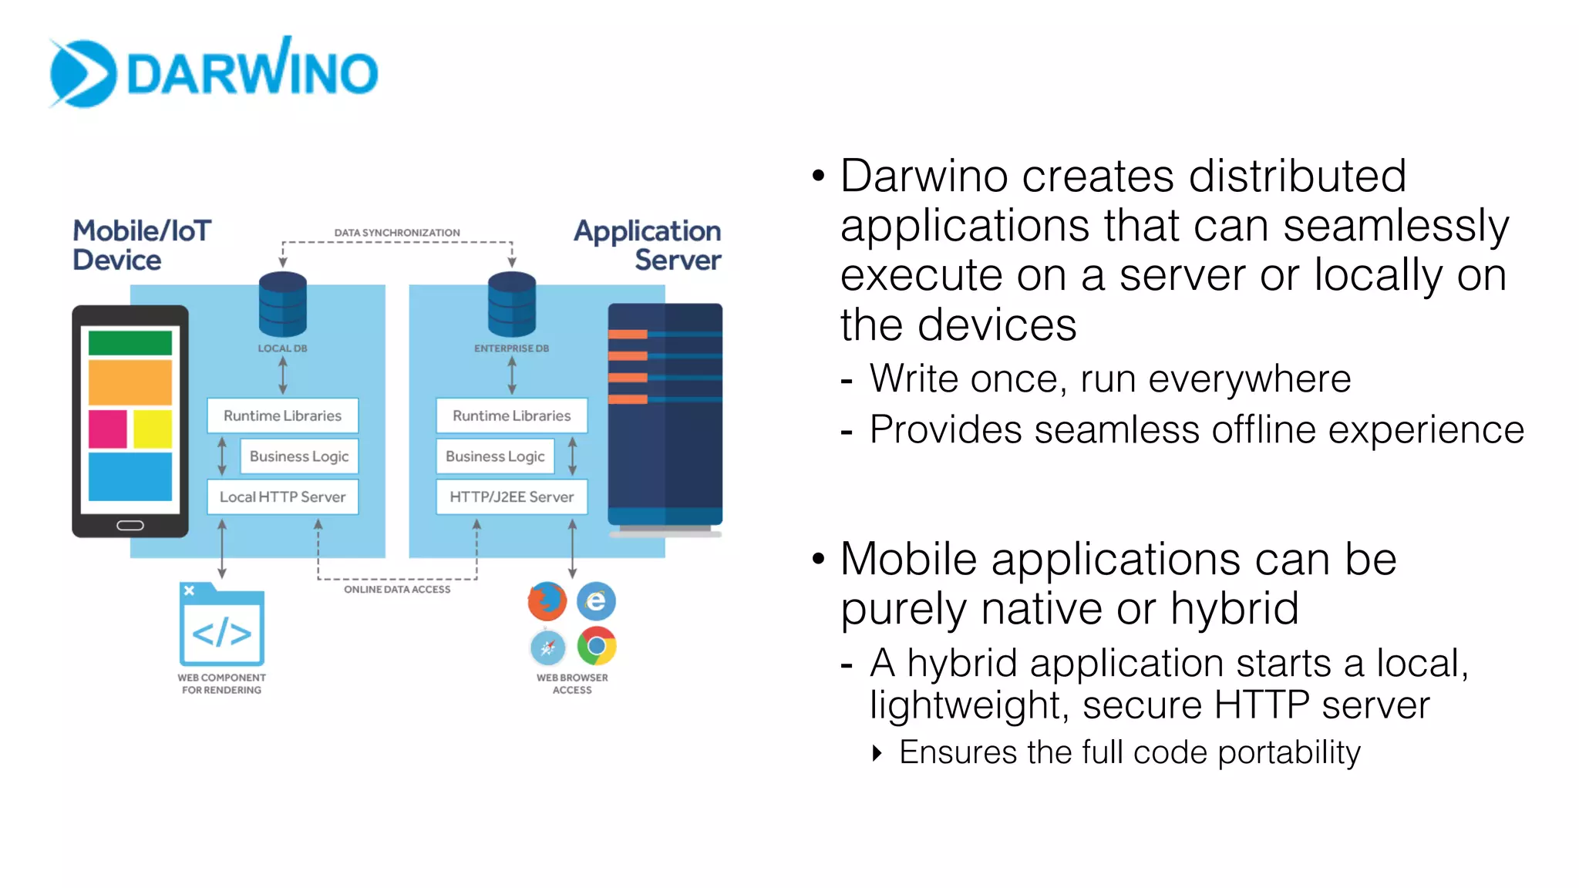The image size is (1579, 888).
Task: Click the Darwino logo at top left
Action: click(x=214, y=72)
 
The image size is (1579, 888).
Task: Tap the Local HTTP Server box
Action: click(x=283, y=497)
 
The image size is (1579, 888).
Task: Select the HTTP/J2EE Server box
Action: click(x=511, y=497)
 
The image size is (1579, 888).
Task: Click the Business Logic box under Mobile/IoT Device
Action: click(x=299, y=456)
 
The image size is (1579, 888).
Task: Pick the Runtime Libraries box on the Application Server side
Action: click(x=511, y=415)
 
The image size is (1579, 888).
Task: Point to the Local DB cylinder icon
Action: click(x=283, y=305)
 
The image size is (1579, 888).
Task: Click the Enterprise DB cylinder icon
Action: click(x=511, y=305)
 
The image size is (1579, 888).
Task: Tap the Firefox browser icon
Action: click(x=547, y=601)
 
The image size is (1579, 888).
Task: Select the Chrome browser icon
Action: click(x=596, y=646)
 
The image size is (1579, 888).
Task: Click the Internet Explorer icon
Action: click(x=596, y=601)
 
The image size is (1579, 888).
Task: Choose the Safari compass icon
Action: click(x=547, y=647)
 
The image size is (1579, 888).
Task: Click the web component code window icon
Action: click(x=222, y=626)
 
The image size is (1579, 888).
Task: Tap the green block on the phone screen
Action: click(x=130, y=343)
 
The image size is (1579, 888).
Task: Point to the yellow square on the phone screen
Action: click(x=153, y=429)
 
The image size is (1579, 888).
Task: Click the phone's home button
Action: click(x=130, y=526)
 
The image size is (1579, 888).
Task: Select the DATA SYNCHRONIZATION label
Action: click(x=397, y=232)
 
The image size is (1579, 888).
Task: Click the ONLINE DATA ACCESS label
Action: click(x=397, y=590)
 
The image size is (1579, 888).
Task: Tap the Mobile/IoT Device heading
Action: click(x=141, y=245)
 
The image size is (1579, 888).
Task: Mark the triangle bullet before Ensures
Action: click(x=877, y=753)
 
